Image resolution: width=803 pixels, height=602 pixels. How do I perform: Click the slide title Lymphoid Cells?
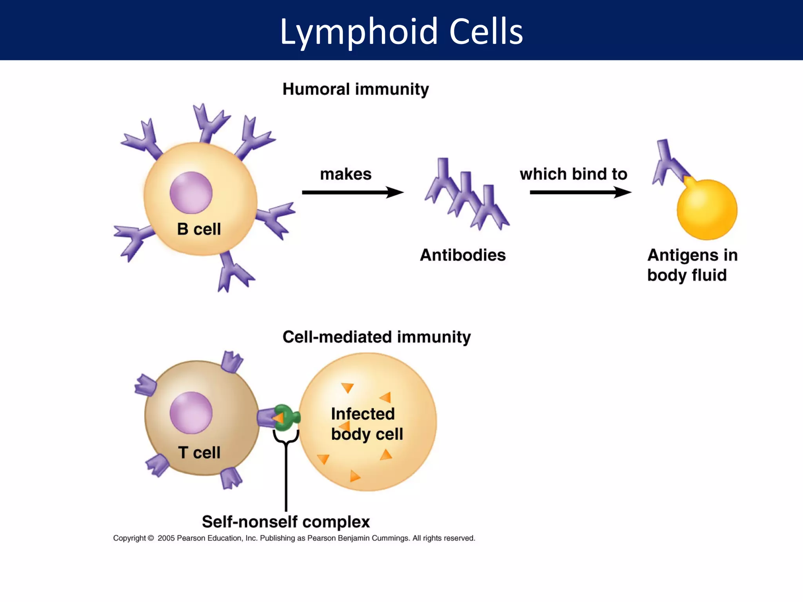click(401, 31)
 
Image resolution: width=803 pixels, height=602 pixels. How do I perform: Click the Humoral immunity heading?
click(355, 89)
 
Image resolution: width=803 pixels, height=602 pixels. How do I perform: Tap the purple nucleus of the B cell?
click(191, 193)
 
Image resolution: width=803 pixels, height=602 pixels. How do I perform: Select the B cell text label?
click(199, 229)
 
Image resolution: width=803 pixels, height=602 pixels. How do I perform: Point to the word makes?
click(345, 174)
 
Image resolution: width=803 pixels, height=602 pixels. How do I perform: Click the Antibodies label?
click(463, 255)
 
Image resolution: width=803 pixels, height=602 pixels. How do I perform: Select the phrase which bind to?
click(573, 174)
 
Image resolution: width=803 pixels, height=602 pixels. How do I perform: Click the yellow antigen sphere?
click(707, 210)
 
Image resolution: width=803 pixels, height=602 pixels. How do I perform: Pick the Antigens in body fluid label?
click(692, 265)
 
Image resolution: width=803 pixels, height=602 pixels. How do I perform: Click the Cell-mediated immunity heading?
click(376, 337)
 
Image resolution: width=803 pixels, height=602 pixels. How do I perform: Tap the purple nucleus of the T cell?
click(191, 413)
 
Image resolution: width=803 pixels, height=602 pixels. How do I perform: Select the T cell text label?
click(199, 453)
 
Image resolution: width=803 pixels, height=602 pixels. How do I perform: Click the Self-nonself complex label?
click(286, 522)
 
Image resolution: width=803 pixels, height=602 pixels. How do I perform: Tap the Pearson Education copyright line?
click(294, 538)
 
